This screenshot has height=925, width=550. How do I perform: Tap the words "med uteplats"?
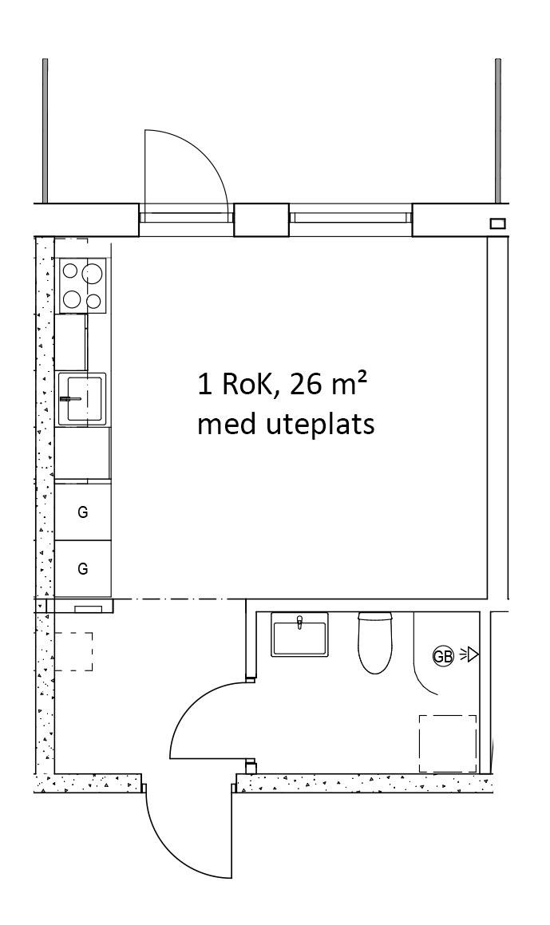click(285, 425)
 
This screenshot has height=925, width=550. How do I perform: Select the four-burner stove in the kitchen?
click(83, 286)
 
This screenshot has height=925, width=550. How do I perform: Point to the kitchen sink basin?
click(82, 398)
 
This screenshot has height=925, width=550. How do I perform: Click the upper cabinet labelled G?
click(82, 512)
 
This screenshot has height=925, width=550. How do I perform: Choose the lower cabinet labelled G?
click(82, 568)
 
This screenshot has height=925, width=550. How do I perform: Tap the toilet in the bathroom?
click(374, 642)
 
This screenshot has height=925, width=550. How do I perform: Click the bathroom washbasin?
click(299, 635)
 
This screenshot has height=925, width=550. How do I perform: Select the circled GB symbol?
click(442, 656)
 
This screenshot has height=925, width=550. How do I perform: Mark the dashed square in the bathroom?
click(448, 743)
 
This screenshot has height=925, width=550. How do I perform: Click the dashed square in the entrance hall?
click(73, 651)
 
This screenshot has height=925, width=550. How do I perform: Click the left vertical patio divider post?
click(45, 132)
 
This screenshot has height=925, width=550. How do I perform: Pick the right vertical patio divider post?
click(497, 132)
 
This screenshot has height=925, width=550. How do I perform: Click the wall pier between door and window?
click(261, 219)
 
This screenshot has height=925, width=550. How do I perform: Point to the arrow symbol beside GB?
click(470, 655)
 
